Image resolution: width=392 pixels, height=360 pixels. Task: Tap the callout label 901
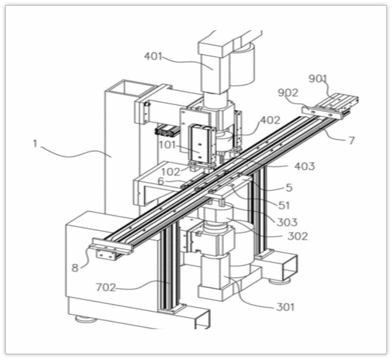[318, 78]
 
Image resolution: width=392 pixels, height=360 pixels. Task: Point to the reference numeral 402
[269, 120]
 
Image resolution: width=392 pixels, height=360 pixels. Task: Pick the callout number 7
[352, 141]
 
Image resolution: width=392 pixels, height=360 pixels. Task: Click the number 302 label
[298, 236]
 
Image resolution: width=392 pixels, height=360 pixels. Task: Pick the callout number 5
[288, 188]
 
